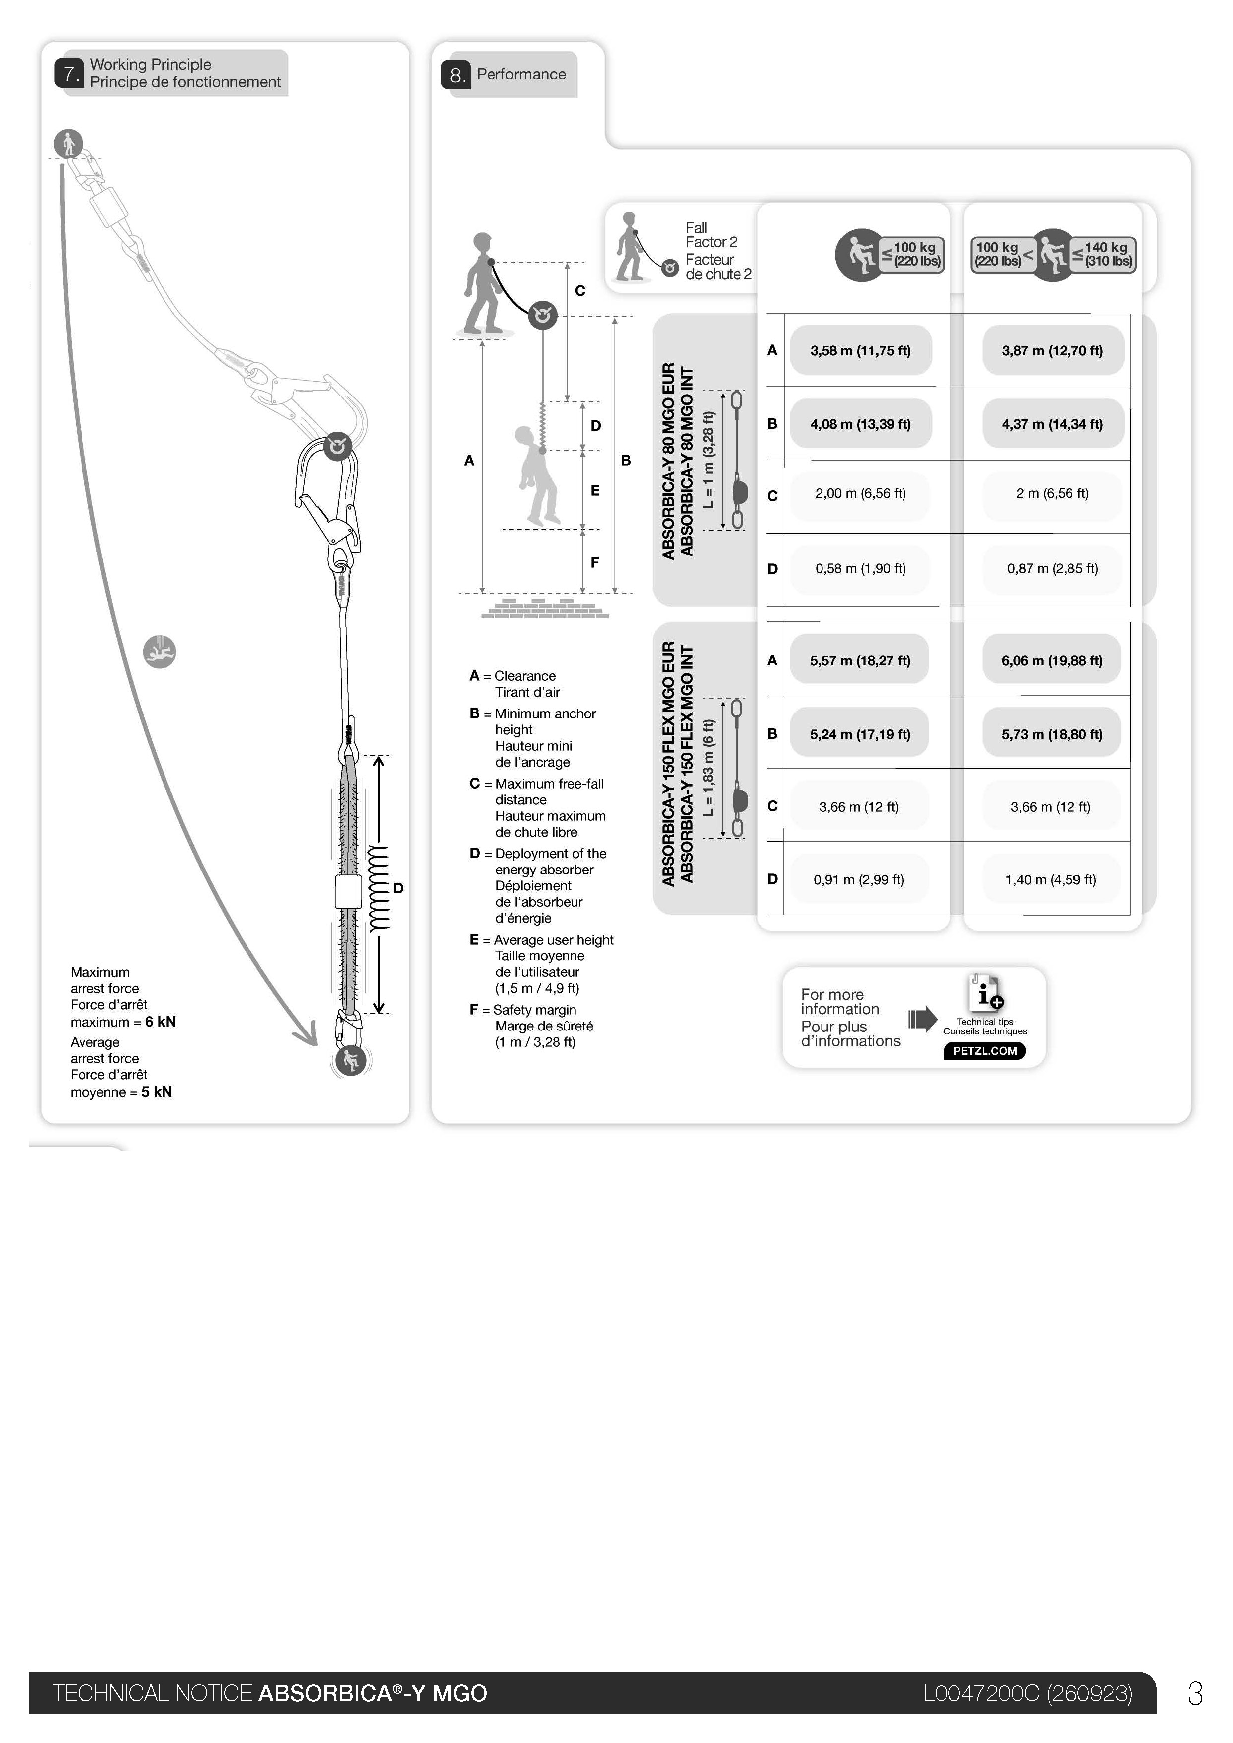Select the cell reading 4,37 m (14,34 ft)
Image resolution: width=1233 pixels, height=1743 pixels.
[x=1052, y=424]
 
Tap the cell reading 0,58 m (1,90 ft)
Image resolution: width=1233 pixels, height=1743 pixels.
[x=860, y=568]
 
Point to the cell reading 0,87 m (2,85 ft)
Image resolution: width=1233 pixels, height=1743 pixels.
[x=1052, y=568]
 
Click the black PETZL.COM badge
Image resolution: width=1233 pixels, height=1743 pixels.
[x=985, y=1051]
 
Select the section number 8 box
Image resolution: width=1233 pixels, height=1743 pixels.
[x=456, y=75]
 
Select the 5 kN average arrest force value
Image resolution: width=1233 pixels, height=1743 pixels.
[x=157, y=1092]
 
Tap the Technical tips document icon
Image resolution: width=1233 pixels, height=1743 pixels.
[x=985, y=993]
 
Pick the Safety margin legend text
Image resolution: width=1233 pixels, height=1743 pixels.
[x=535, y=1010]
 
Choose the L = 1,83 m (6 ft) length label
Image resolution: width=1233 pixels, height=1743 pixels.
[x=708, y=768]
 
